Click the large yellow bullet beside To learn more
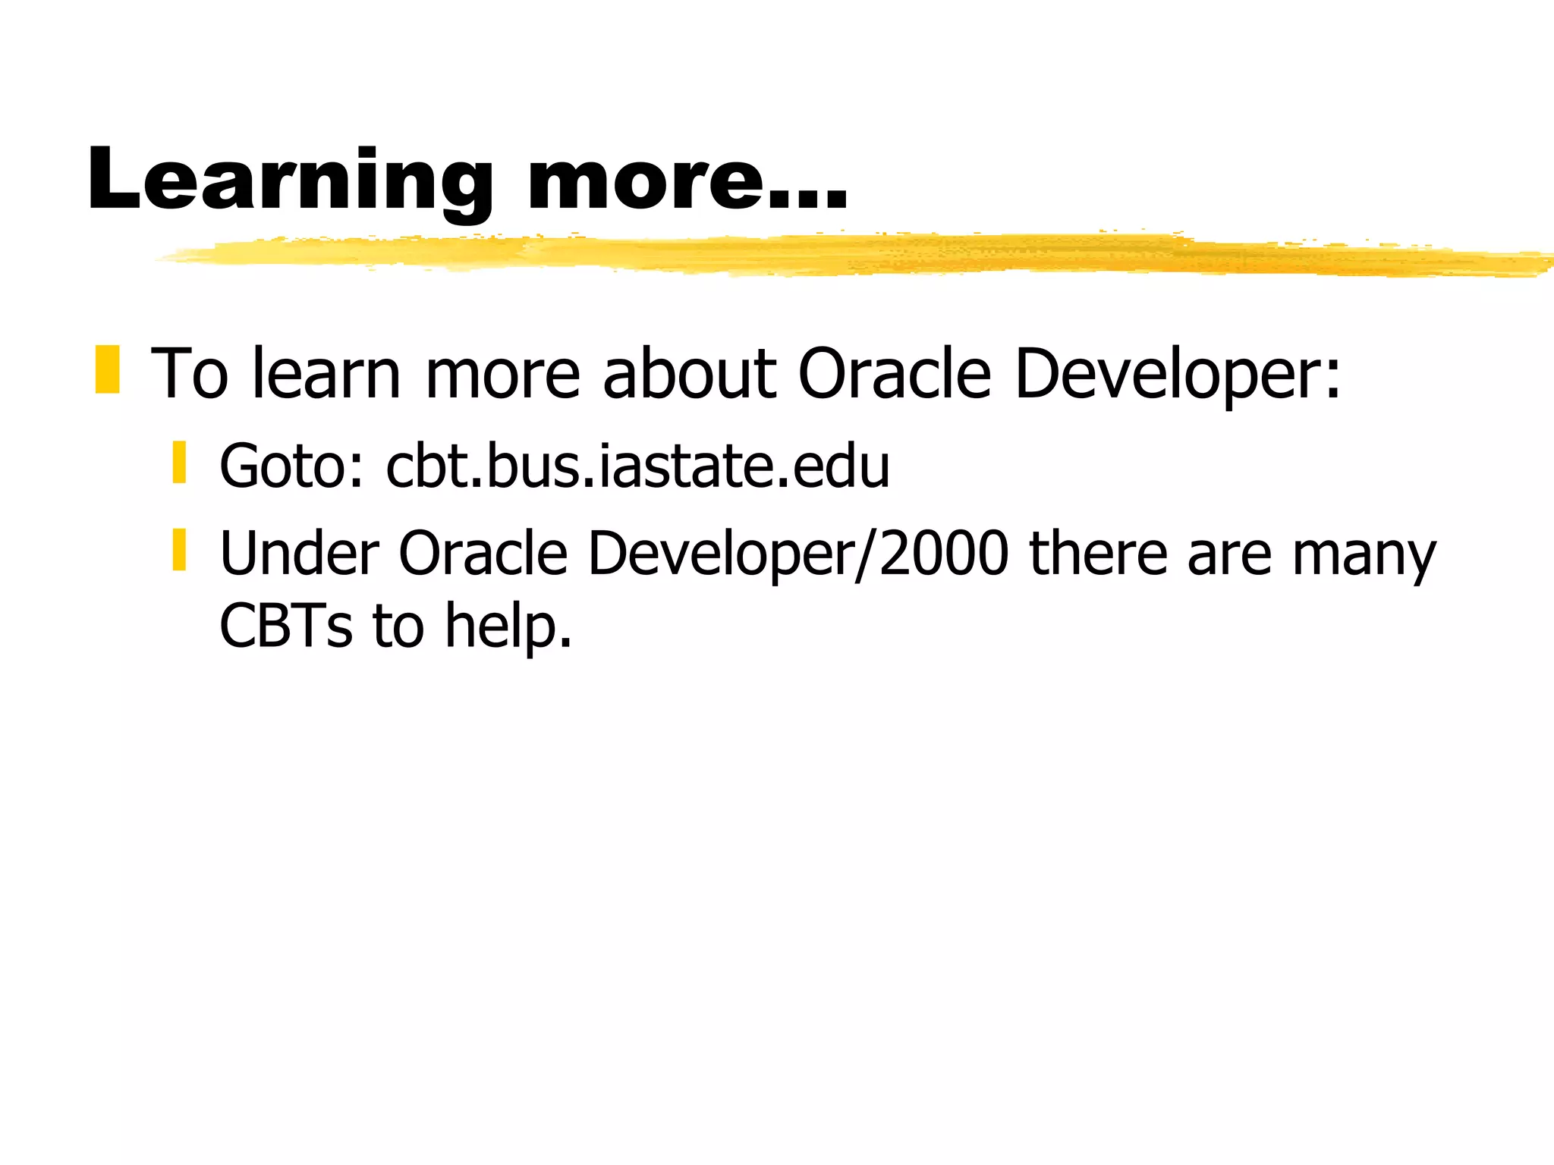point(108,370)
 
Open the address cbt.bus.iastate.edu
point(637,466)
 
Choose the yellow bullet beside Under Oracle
point(179,550)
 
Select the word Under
point(299,554)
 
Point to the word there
point(1097,554)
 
